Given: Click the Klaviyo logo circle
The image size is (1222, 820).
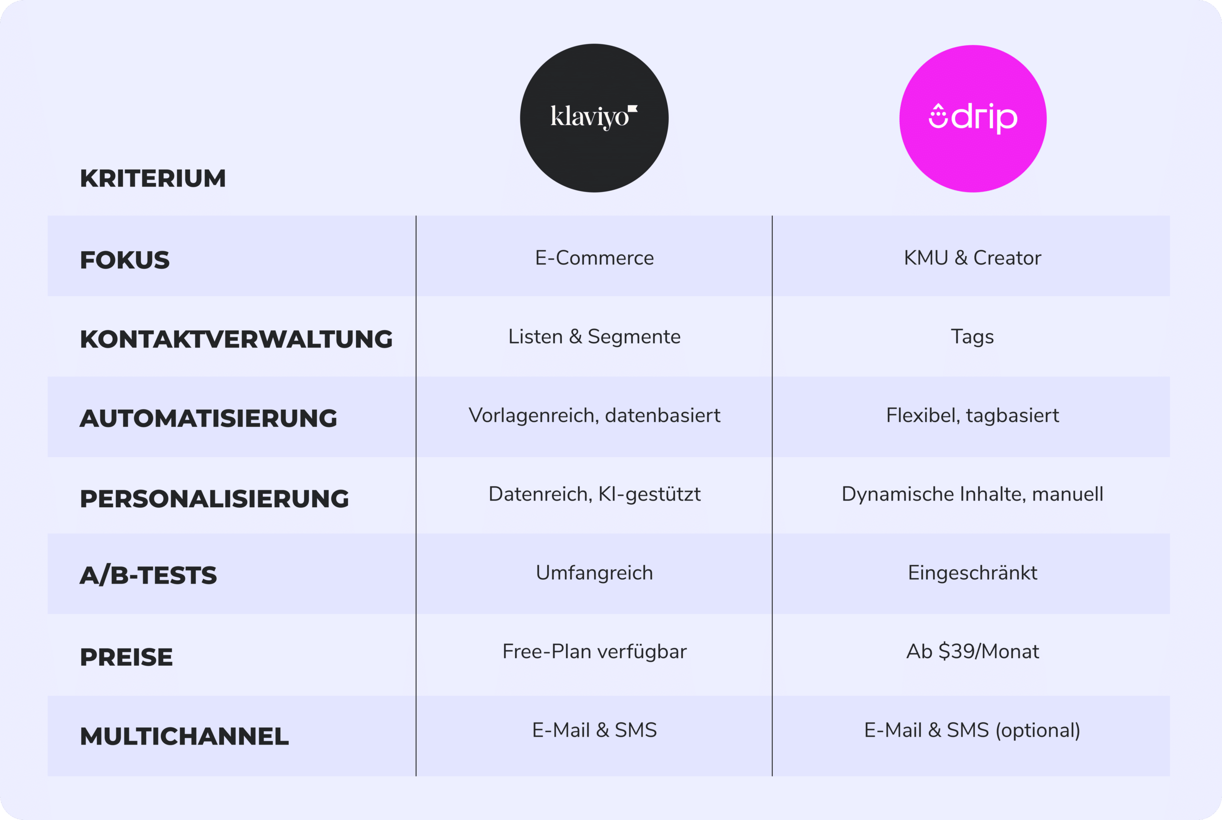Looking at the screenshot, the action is [x=594, y=118].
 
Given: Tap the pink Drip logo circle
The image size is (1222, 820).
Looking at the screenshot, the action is [x=973, y=119].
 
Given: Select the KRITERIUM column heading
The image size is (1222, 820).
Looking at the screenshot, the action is [x=153, y=178].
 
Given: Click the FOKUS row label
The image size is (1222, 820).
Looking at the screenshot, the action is [x=125, y=260].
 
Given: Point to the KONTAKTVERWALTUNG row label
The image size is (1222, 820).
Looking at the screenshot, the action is [x=236, y=339].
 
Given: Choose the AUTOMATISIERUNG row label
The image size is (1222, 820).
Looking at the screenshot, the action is [x=209, y=418].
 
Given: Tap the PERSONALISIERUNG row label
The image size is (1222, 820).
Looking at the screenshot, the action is [x=214, y=499].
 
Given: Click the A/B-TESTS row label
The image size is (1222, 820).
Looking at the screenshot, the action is [x=148, y=575].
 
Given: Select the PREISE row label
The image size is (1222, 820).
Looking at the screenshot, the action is [x=126, y=657].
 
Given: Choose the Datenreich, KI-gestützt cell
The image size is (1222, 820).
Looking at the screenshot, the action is [x=594, y=495].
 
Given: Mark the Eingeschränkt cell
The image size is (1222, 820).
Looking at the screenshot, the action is [x=973, y=573].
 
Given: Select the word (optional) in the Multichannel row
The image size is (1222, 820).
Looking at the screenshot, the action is [x=1038, y=731].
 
